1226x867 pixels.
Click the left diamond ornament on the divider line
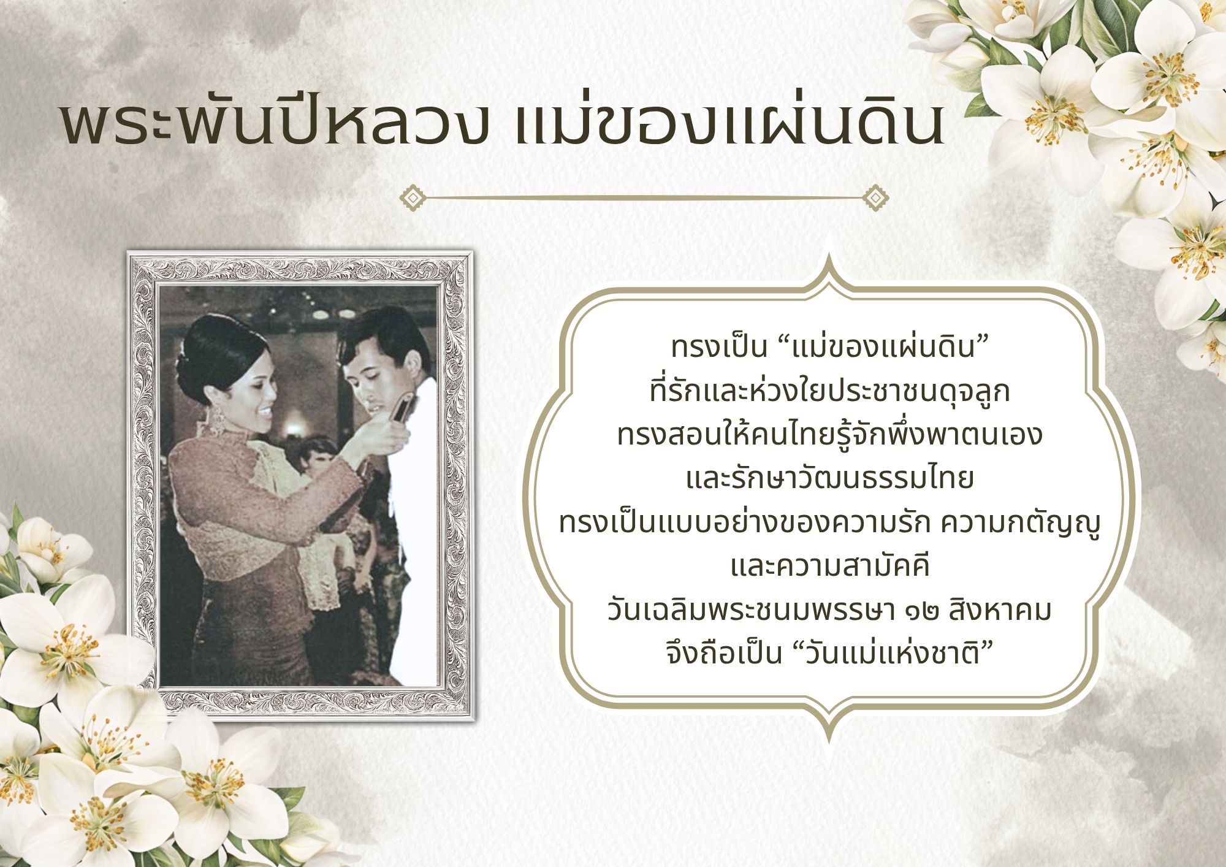coord(413,198)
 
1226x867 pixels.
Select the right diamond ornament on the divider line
coord(875,198)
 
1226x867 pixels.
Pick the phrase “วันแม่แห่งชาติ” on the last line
coord(889,653)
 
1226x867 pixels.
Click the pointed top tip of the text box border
coord(830,251)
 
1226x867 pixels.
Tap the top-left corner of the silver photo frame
coord(128,251)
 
